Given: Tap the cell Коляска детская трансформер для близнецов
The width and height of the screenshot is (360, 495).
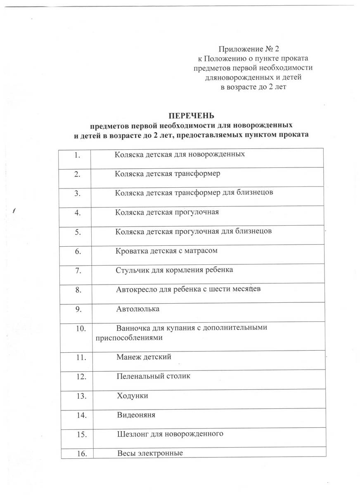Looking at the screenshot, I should coord(193,193).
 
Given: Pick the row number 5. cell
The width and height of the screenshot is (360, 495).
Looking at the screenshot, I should coord(77,232).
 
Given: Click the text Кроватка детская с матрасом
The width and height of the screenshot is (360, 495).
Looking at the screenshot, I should coord(166,250).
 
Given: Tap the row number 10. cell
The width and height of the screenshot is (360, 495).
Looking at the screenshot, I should coord(80,329).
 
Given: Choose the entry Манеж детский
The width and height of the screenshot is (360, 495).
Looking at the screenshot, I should coord(144,356).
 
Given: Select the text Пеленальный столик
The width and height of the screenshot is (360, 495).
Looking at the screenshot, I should coord(154,376).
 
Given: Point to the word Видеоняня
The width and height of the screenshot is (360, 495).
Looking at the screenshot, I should coord(136,415).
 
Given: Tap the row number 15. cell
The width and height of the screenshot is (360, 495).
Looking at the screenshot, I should coord(81,434).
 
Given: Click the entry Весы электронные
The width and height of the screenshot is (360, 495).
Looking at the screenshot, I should coord(150,453).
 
